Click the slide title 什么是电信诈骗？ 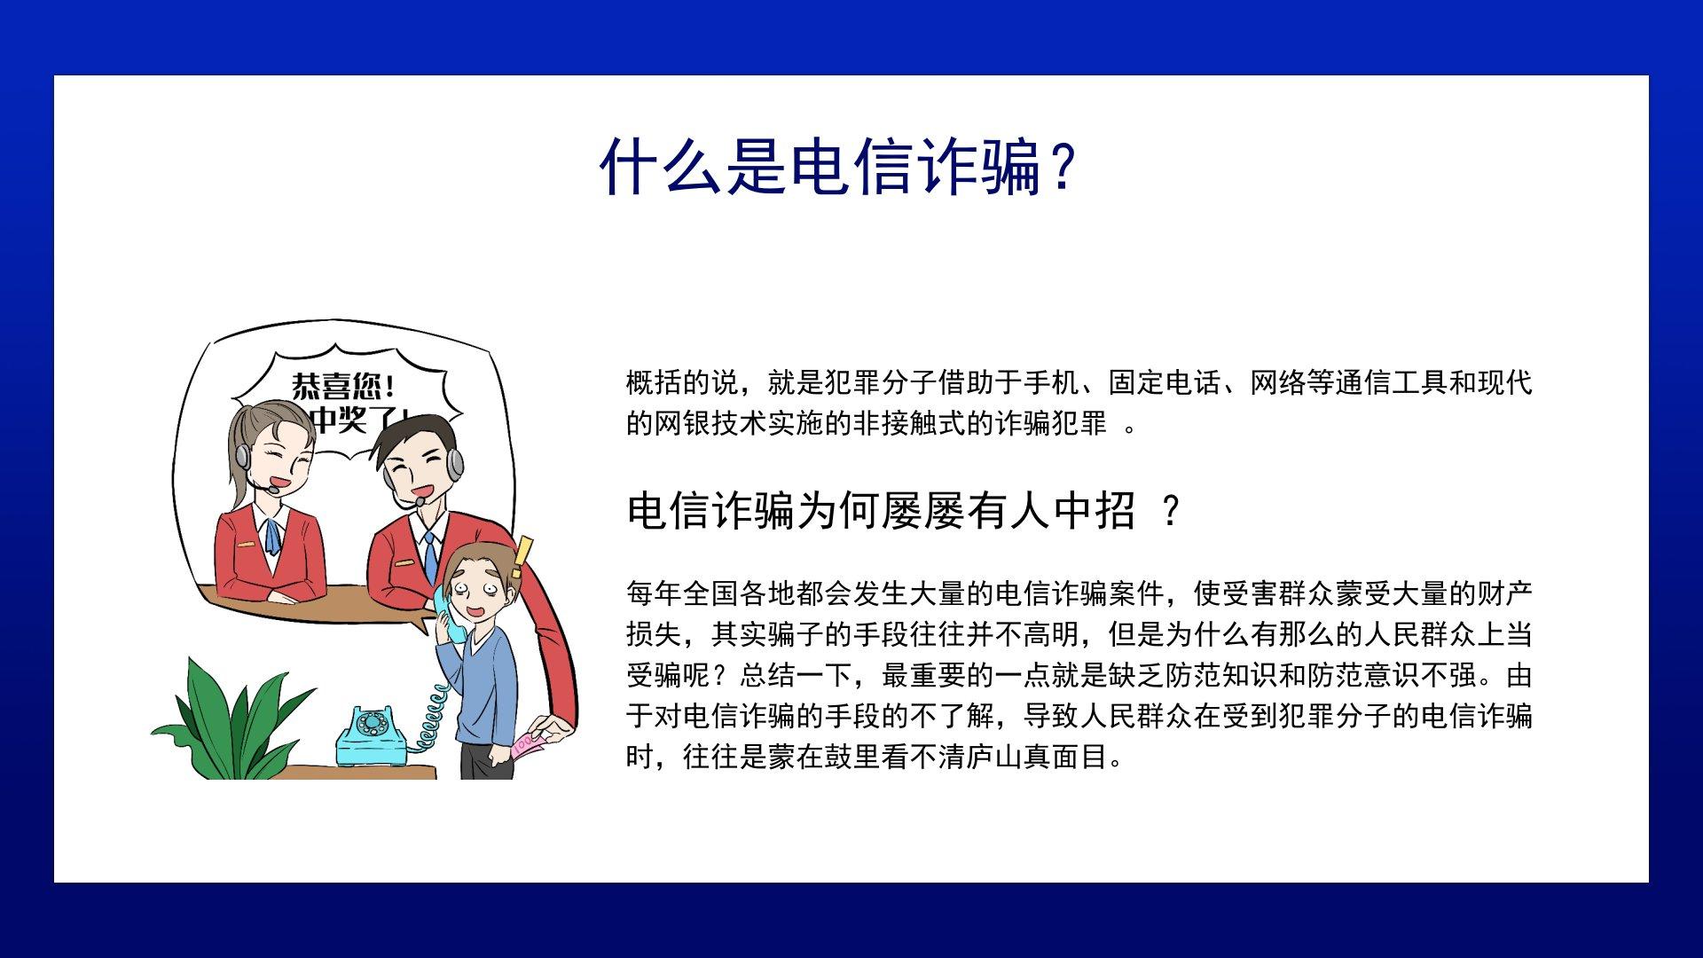point(838,166)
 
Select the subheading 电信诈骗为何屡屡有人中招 point(881,511)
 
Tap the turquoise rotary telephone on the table point(373,738)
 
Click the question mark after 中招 point(1171,512)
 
